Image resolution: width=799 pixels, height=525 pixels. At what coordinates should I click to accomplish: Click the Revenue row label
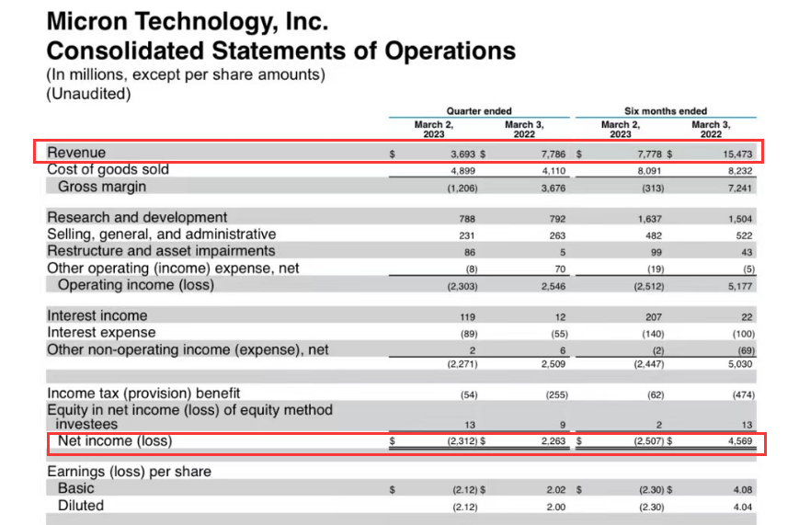(76, 153)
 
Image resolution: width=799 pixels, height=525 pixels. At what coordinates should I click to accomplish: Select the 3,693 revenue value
(462, 155)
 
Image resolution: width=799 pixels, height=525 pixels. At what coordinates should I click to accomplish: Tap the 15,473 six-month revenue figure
(737, 155)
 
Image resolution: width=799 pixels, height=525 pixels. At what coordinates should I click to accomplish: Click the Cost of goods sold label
(108, 169)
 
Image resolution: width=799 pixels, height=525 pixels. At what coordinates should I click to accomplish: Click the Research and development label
(137, 218)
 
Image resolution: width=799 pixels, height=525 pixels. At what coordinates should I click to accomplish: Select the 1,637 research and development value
(649, 219)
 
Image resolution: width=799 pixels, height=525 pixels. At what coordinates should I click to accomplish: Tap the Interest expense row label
(101, 332)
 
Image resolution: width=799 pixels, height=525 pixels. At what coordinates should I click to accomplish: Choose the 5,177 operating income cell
(739, 286)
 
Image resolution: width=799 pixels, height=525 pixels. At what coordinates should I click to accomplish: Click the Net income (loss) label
(115, 441)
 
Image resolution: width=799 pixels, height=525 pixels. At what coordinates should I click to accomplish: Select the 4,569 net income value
(739, 441)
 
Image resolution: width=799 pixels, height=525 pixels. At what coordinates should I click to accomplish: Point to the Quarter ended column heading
(479, 111)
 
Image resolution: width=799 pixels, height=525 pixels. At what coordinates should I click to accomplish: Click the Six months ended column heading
(666, 111)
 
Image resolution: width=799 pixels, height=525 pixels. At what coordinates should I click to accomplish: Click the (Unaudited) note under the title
(88, 93)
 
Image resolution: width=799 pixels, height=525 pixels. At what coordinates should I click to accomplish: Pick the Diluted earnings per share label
(81, 506)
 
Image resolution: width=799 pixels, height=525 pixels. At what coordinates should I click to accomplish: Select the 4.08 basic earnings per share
(742, 489)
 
